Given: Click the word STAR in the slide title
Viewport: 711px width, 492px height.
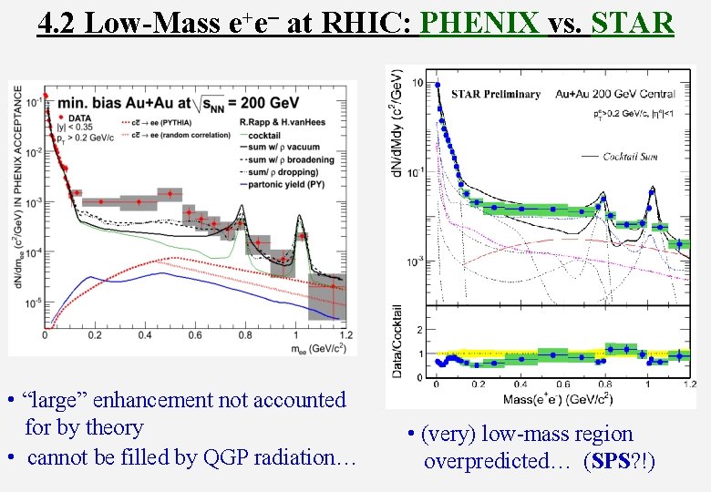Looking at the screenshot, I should (x=632, y=22).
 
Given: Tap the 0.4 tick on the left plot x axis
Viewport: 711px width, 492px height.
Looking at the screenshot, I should (x=143, y=336).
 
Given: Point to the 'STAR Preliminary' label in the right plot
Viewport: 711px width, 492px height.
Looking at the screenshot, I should (x=496, y=94).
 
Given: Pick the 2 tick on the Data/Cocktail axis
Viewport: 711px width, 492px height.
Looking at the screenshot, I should (x=418, y=328).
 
